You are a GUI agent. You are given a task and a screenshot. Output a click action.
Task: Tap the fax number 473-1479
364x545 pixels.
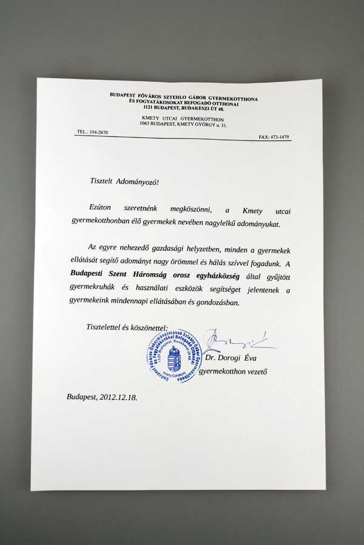(278, 137)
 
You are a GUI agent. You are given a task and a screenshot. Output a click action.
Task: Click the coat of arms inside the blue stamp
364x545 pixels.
(174, 357)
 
